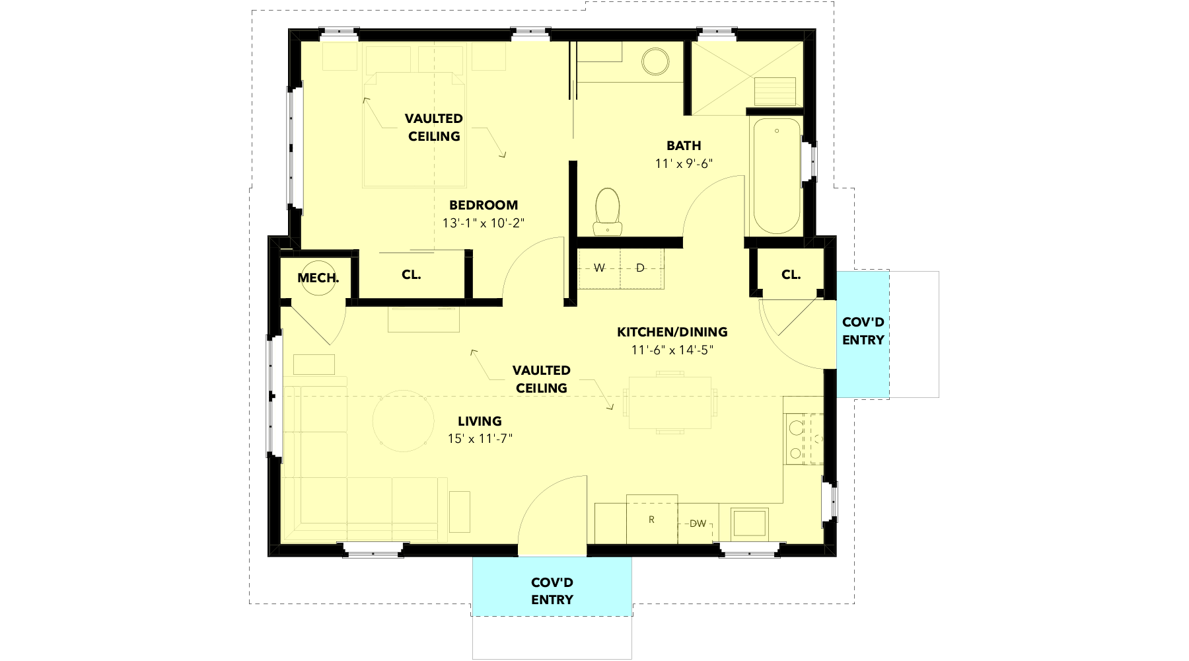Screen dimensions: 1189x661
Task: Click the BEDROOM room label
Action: coord(484,205)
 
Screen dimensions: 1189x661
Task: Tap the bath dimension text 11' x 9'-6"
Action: coord(684,163)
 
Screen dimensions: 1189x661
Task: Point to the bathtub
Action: coord(776,176)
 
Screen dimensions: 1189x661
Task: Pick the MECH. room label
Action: coord(318,278)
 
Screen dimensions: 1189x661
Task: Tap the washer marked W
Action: coord(599,268)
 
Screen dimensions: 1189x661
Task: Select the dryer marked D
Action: coord(641,268)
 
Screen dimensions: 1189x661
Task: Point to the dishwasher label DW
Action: coord(698,524)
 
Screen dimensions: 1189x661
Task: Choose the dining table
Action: coord(670,402)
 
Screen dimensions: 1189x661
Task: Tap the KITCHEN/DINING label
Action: coord(672,332)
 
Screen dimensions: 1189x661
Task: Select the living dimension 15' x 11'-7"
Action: coord(480,438)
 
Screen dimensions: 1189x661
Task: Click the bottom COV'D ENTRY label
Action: coord(552,591)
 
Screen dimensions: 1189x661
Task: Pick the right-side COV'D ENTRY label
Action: coord(863,331)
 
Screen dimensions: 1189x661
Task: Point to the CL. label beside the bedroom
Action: coord(412,274)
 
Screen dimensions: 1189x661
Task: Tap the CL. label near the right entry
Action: coord(791,274)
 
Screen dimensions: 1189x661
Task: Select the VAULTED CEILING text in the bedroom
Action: coord(434,127)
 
